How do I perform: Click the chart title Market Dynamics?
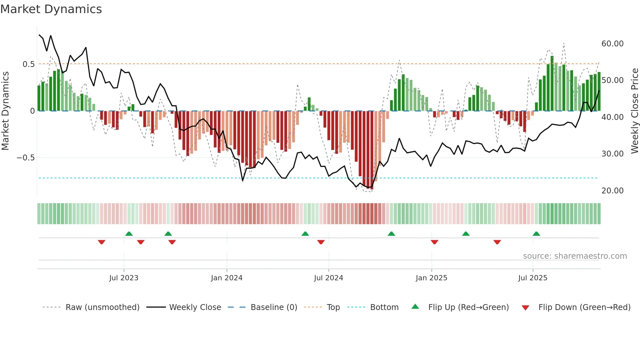tap(51, 9)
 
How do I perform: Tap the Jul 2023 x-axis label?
tap(124, 278)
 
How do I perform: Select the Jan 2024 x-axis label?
tap(227, 278)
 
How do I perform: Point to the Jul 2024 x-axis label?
tap(328, 278)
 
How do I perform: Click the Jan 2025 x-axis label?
tap(431, 278)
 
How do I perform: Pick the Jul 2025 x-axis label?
tap(533, 278)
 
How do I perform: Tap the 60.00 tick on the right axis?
tap(612, 44)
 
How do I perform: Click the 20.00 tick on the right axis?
tap(612, 191)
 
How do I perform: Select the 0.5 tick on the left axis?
tap(29, 64)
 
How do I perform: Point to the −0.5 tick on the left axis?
tap(26, 158)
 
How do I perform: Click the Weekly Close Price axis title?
tap(634, 111)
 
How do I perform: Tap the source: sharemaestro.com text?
tap(575, 256)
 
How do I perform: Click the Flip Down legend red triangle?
tap(525, 308)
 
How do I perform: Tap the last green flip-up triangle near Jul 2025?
tap(536, 234)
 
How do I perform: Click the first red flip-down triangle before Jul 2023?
tap(102, 242)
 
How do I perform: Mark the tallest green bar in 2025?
tap(552, 83)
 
